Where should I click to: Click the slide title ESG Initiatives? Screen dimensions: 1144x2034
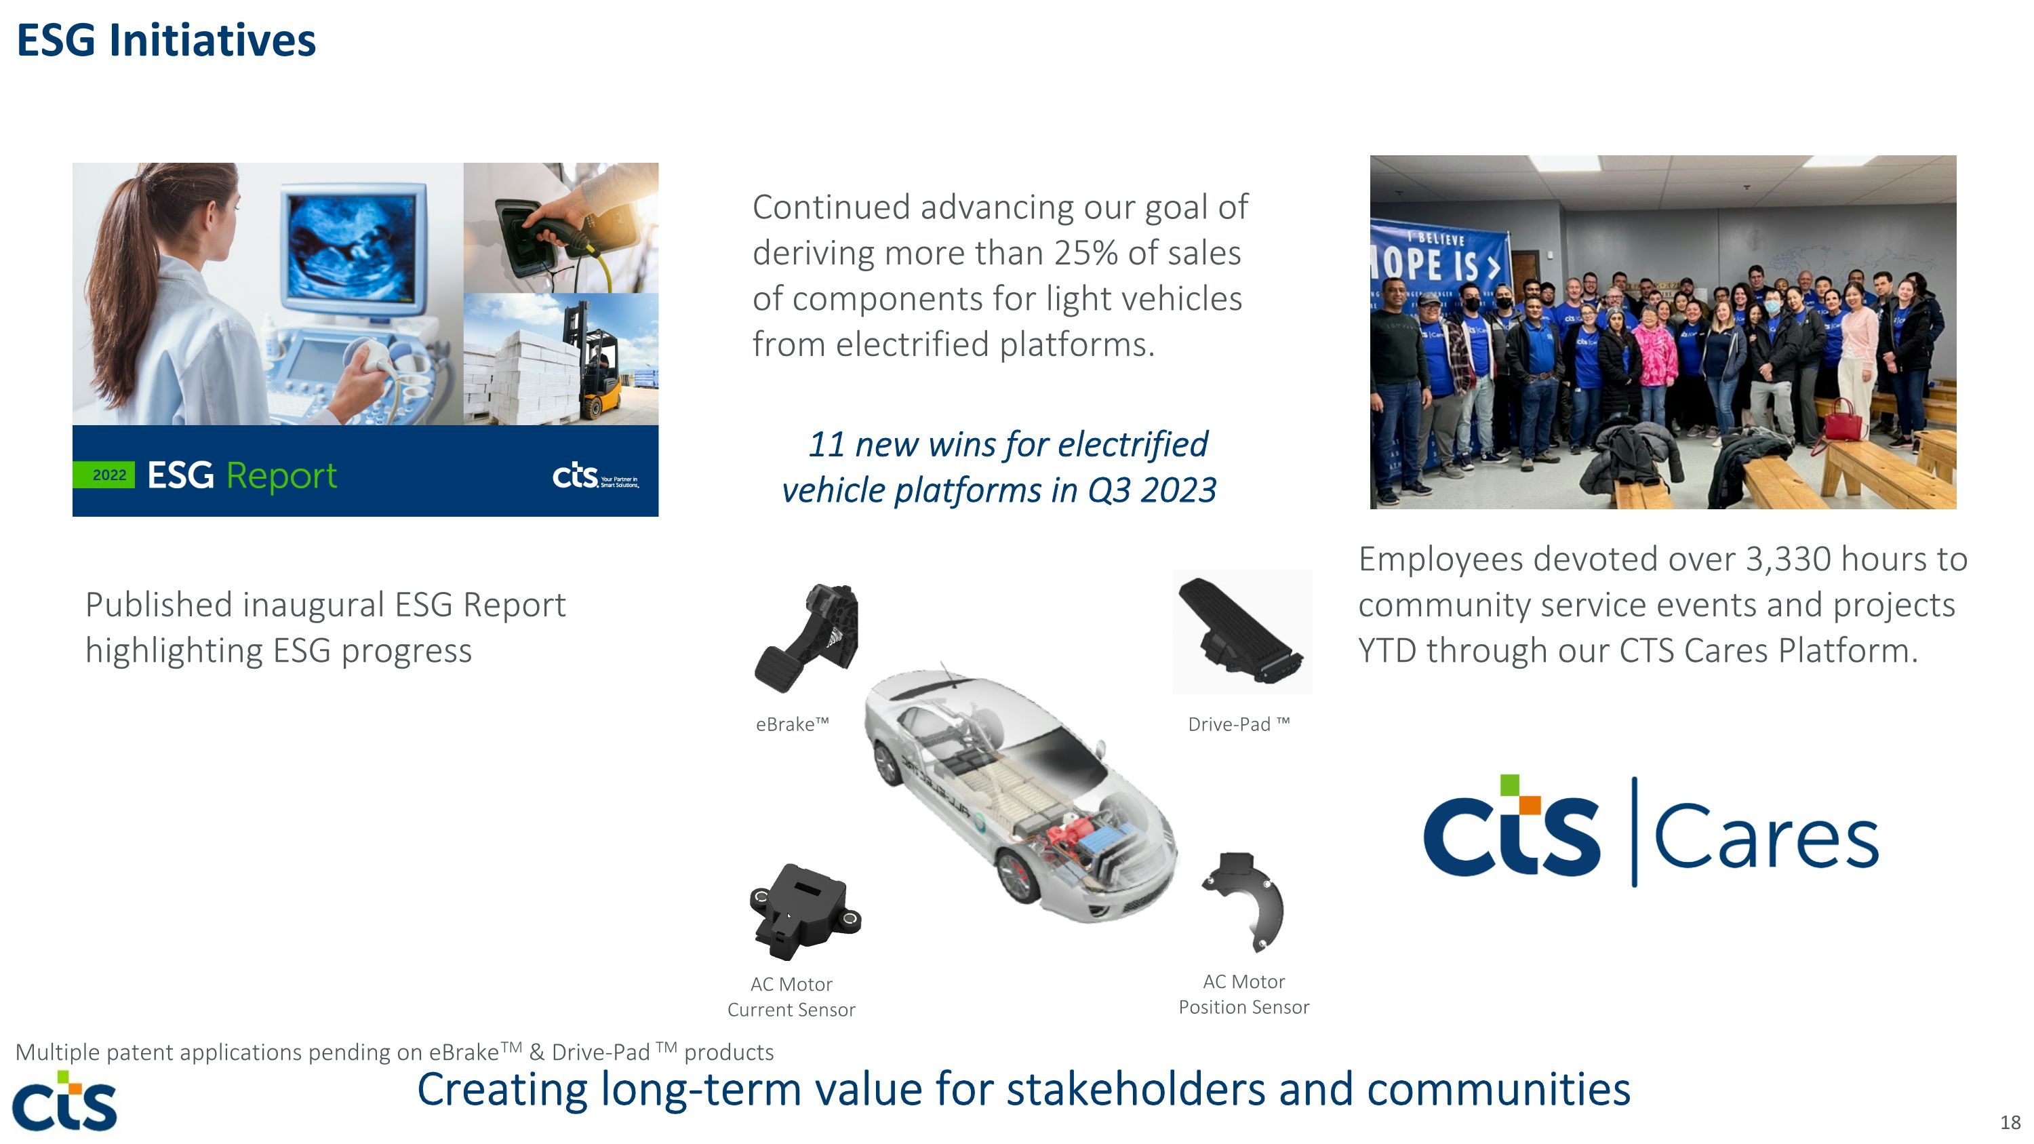click(166, 41)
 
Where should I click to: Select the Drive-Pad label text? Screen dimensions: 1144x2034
click(1237, 724)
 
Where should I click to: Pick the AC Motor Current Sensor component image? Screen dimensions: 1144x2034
click(804, 912)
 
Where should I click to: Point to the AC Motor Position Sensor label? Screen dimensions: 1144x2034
click(1243, 994)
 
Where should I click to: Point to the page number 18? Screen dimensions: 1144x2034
click(2010, 1122)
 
